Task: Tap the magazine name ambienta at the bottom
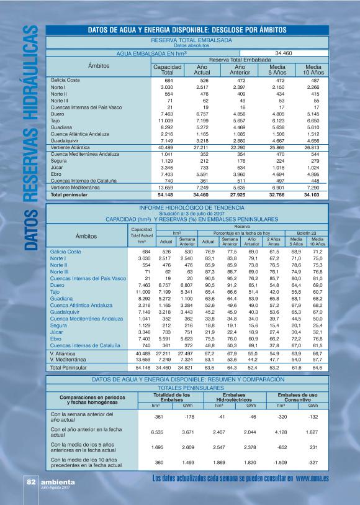(x=57, y=481)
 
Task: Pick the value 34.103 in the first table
(x=313, y=194)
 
